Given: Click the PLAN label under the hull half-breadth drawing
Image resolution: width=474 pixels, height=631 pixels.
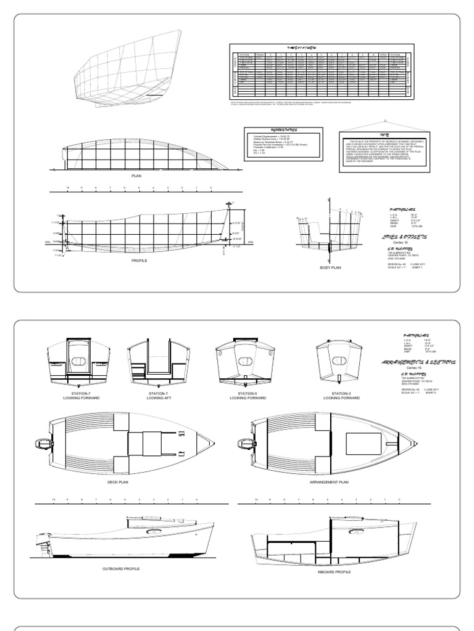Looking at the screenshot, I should [x=137, y=176].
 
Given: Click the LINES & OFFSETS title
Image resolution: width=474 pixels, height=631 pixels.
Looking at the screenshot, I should [x=407, y=236].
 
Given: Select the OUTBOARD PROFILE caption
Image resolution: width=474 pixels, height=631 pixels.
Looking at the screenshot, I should [x=121, y=568].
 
